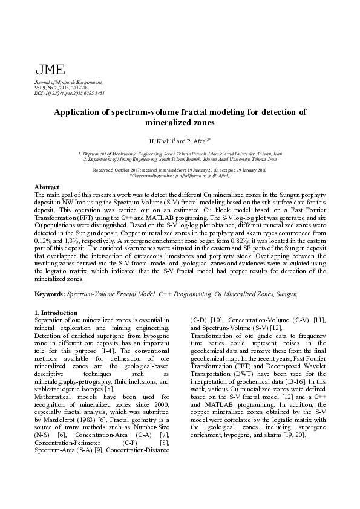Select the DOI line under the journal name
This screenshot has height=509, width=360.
[70, 93]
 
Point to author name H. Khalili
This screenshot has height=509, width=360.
[161, 141]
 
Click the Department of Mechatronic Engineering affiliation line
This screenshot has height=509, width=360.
[180, 154]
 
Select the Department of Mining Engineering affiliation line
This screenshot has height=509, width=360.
[180, 159]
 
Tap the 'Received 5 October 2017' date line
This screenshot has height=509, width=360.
[180, 170]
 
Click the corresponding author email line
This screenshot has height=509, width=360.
[180, 175]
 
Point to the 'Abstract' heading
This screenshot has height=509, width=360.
[47, 188]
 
